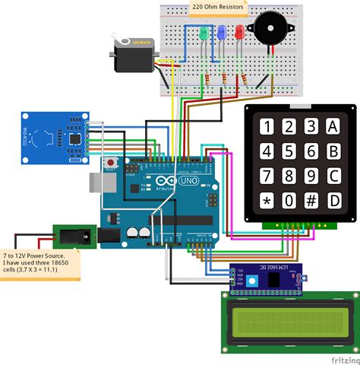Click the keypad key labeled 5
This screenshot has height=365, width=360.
click(289, 151)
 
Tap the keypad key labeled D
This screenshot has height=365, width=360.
click(333, 201)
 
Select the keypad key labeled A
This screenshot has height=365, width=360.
click(333, 125)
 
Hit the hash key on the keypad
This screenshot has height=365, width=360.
click(311, 201)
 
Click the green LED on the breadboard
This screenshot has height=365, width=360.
click(204, 34)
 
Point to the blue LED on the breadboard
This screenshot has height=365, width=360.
click(221, 33)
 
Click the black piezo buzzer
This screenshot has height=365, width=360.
click(271, 29)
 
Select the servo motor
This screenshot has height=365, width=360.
click(135, 56)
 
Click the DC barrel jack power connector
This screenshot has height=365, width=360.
click(74, 236)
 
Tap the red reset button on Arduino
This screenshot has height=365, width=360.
click(113, 162)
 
